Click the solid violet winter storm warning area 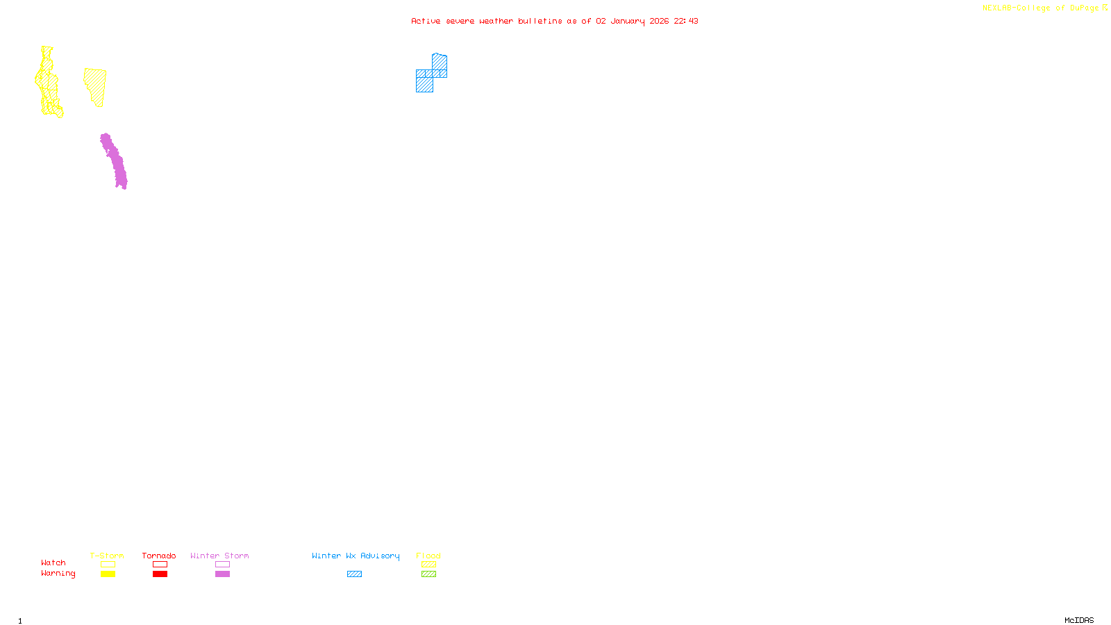coord(114,161)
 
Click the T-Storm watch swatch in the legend coord(108,565)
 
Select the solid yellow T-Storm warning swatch coord(108,574)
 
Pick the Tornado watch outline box coord(160,565)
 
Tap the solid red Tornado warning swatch coord(160,574)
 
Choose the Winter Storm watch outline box coord(222,565)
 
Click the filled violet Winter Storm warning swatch coord(222,574)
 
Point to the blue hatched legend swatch coord(354,574)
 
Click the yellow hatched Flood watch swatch coord(428,565)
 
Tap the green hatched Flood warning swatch coord(428,574)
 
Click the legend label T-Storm coord(107,556)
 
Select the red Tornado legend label coord(159,556)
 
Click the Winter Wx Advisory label coord(356,556)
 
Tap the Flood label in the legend coord(428,556)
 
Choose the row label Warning coord(58,574)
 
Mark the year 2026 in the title coord(660,21)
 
